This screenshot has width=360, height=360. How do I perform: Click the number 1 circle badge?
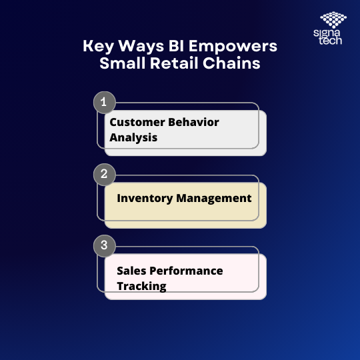(105, 103)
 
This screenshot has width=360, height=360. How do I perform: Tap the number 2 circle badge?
(105, 174)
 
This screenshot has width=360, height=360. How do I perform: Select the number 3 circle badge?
(105, 245)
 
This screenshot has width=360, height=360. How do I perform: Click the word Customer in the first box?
(137, 122)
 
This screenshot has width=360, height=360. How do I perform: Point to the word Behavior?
(193, 122)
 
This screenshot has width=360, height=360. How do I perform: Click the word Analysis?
(133, 138)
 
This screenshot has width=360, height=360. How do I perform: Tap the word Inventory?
(145, 199)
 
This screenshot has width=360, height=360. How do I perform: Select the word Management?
(214, 199)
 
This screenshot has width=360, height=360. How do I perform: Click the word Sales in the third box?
(131, 271)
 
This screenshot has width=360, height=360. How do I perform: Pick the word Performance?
(186, 271)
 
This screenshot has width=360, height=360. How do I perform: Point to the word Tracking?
(141, 287)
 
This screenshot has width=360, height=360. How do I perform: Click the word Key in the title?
(98, 47)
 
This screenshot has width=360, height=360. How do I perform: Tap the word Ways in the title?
(141, 47)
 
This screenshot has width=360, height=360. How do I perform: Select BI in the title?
(176, 46)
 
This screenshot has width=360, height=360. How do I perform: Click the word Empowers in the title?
(233, 47)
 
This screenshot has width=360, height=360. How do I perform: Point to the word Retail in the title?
(174, 63)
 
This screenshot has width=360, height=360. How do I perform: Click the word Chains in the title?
(231, 63)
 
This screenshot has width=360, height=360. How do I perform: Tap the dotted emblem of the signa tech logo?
(333, 20)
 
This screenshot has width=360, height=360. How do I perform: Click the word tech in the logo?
(331, 41)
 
